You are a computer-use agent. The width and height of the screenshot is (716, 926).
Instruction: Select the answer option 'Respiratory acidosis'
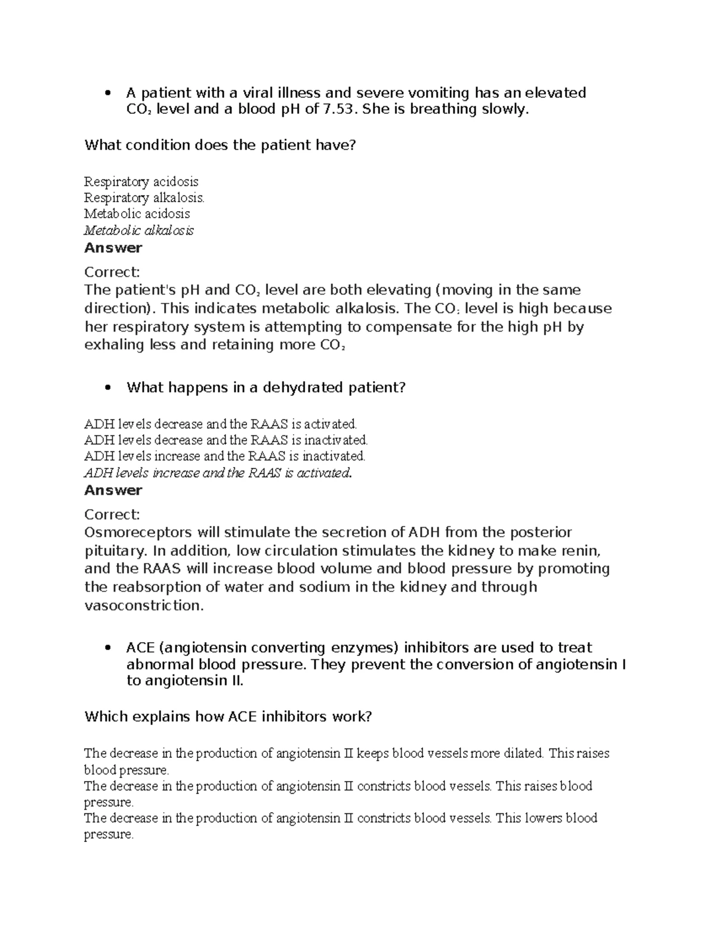pyautogui.click(x=141, y=181)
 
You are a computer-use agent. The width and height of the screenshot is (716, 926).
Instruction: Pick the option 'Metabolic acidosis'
pyautogui.click(x=137, y=213)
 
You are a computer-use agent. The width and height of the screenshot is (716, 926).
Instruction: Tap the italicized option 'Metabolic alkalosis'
pyautogui.click(x=138, y=230)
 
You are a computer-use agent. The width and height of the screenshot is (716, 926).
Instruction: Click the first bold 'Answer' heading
pyautogui.click(x=113, y=247)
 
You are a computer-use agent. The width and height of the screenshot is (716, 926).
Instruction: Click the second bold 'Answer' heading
pyautogui.click(x=113, y=490)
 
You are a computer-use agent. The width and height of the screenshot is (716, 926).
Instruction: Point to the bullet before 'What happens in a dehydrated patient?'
pyautogui.click(x=107, y=388)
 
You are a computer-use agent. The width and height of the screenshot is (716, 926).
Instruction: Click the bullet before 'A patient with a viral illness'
pyautogui.click(x=107, y=93)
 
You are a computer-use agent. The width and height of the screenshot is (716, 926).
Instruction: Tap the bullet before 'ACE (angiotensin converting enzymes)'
pyautogui.click(x=107, y=648)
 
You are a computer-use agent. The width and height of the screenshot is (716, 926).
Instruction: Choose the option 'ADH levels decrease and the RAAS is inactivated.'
pyautogui.click(x=226, y=440)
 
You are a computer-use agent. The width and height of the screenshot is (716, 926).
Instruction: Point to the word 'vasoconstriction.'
pyautogui.click(x=144, y=605)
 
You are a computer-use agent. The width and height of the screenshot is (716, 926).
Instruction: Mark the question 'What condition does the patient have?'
pyautogui.click(x=220, y=145)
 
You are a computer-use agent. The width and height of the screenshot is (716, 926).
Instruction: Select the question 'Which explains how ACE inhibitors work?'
pyautogui.click(x=228, y=716)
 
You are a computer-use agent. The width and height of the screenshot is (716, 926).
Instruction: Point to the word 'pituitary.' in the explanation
pyautogui.click(x=115, y=550)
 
